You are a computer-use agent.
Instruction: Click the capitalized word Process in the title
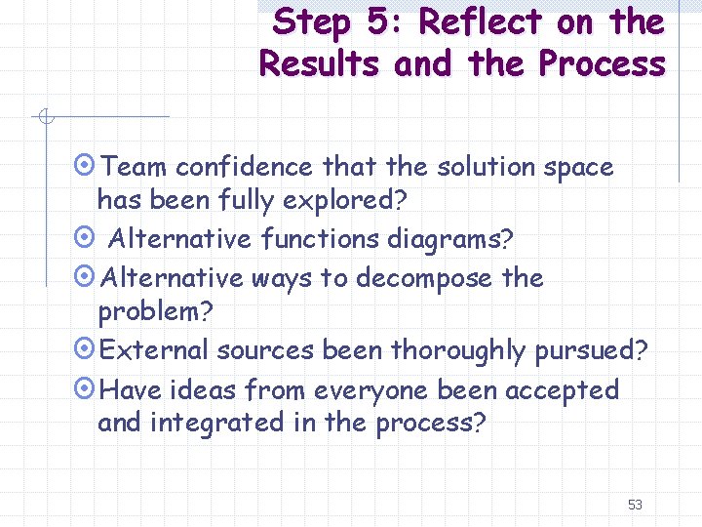point(601,64)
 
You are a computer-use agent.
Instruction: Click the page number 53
point(635,505)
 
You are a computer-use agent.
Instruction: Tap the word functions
point(321,238)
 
